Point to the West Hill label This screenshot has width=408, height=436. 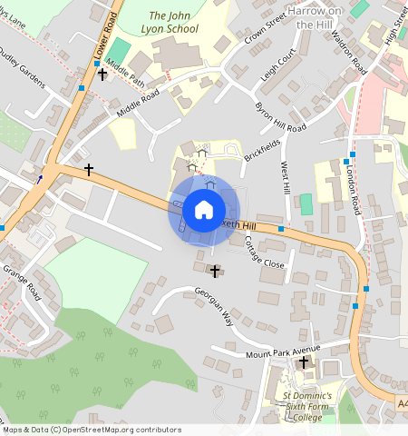click(x=287, y=178)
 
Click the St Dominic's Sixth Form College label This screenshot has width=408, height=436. click(x=306, y=407)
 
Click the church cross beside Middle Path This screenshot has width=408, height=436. click(x=102, y=73)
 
